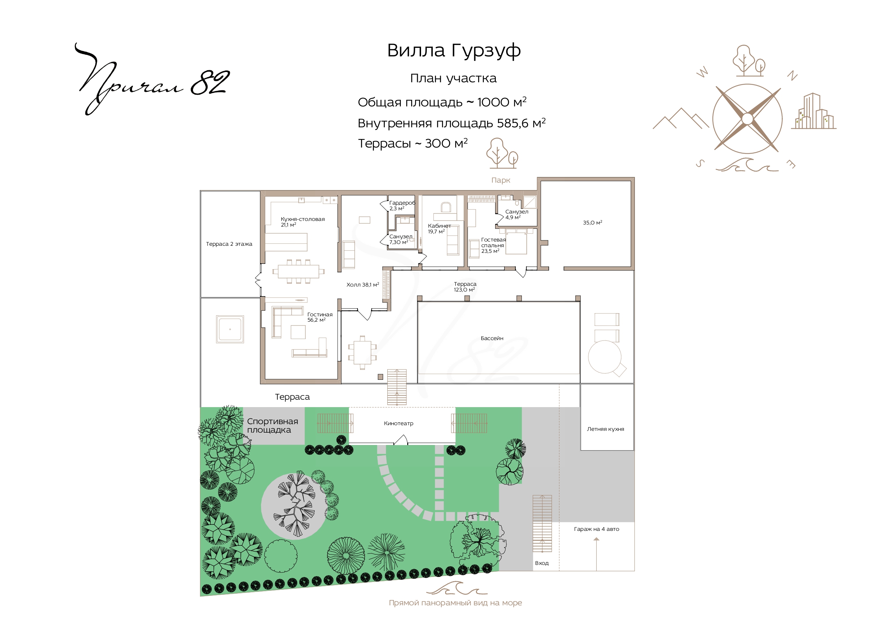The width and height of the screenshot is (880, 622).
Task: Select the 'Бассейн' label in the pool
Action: [x=492, y=338]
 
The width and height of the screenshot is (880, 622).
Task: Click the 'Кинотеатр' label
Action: [x=399, y=423]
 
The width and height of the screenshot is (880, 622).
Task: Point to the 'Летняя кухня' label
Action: [x=605, y=429]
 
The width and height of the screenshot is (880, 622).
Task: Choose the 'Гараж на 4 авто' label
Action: [x=596, y=529]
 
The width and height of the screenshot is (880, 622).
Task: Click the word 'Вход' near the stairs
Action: [x=542, y=563]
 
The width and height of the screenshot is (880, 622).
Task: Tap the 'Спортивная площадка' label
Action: [x=272, y=426]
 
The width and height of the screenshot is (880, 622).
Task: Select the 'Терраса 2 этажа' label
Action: [x=229, y=244]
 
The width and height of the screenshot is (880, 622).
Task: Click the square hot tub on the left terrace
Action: [x=230, y=329]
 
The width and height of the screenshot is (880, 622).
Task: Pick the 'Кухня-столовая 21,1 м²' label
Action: [x=303, y=222]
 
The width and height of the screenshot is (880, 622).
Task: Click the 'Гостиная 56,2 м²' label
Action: [x=320, y=317]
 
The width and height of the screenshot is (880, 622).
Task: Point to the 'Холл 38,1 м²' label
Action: [x=362, y=285]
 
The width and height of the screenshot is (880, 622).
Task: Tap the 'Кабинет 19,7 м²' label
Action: [x=439, y=229]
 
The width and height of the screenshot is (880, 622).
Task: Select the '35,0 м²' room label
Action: [x=593, y=223]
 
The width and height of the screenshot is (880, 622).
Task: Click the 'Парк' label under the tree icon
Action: [x=501, y=181]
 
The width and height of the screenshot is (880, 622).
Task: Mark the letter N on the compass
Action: [x=792, y=76]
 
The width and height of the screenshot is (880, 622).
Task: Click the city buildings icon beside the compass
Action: [x=813, y=111]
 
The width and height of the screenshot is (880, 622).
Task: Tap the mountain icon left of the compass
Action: [x=681, y=118]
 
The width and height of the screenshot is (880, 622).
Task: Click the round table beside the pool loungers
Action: [x=605, y=357]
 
